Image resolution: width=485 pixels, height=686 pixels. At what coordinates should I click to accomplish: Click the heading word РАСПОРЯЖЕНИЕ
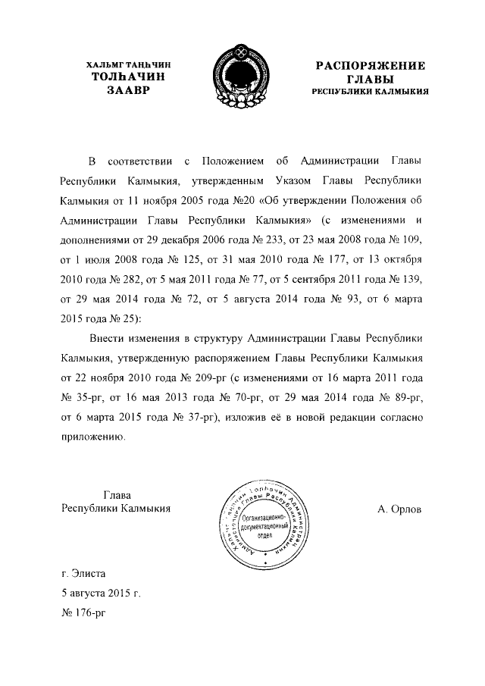point(370,65)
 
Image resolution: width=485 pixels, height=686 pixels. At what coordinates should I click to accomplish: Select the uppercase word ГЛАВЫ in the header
point(370,78)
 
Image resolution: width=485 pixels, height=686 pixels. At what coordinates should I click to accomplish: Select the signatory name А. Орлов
point(400,509)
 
